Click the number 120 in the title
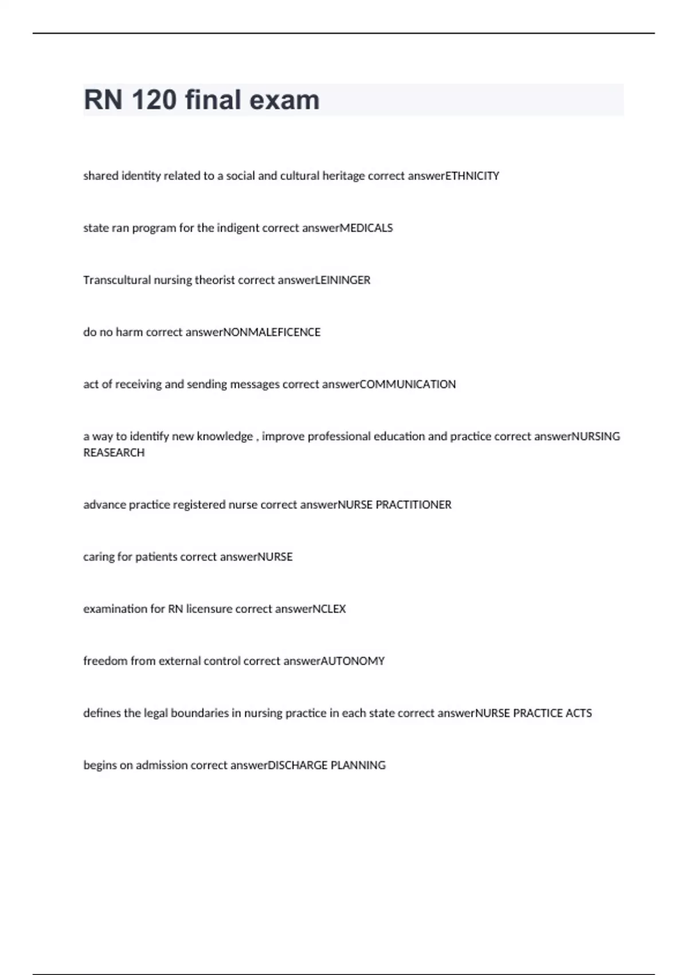[154, 100]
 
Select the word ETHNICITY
[472, 176]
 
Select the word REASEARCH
[114, 453]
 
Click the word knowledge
[225, 437]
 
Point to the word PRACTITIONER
[413, 505]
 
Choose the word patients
[156, 557]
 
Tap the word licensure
[209, 609]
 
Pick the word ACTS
[578, 713]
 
